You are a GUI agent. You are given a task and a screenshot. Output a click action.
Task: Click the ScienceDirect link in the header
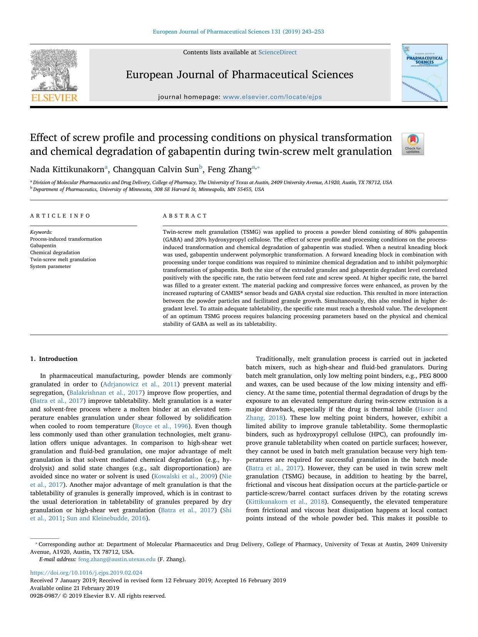[277, 52]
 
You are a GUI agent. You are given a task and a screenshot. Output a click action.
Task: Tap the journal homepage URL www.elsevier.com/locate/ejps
[272, 97]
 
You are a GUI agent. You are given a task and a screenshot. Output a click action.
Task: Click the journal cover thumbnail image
[424, 73]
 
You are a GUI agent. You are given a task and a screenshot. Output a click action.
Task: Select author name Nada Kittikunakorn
[67, 169]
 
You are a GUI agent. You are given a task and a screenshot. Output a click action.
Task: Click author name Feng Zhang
[229, 169]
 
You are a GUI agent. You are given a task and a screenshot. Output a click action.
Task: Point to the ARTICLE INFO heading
[60, 216]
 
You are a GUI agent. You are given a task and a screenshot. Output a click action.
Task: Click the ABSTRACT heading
[185, 216]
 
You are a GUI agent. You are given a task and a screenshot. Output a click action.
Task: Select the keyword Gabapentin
[43, 246]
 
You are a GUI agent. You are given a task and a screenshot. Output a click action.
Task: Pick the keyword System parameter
[50, 267]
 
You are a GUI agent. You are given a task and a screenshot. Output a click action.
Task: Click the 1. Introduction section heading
[54, 359]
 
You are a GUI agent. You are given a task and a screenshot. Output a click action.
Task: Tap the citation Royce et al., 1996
[161, 426]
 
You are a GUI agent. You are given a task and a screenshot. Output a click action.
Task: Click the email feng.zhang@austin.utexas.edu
[117, 559]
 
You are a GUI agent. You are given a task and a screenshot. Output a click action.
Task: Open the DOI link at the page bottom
[86, 573]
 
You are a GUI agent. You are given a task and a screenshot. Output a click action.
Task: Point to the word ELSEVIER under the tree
[54, 98]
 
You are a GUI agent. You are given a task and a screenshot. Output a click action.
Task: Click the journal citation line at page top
[238, 32]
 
